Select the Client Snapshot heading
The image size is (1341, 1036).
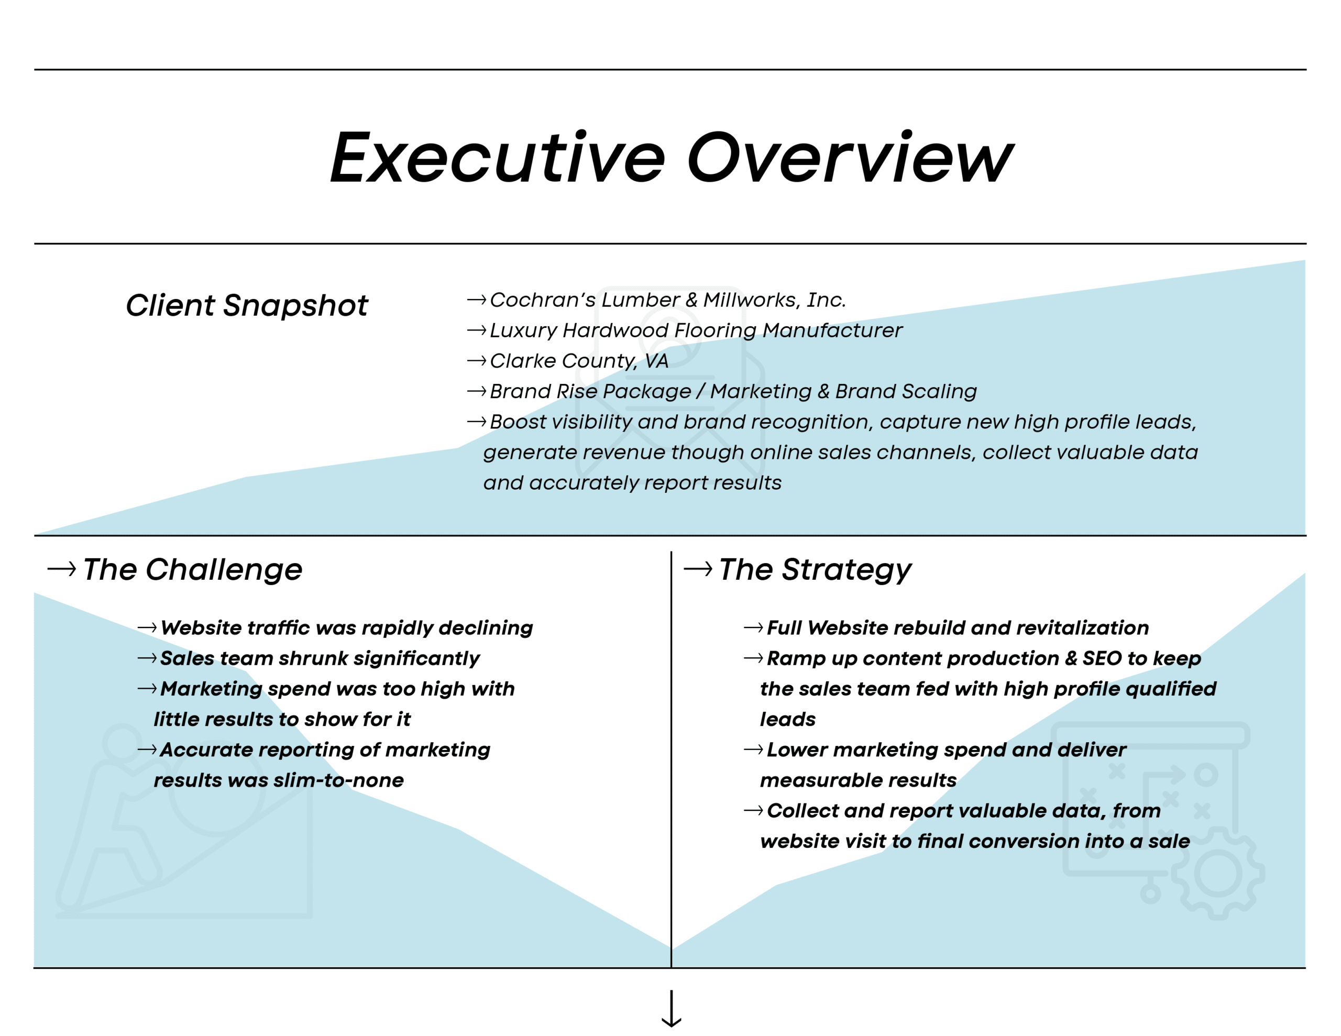(247, 305)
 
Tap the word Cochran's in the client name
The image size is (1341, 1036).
(543, 300)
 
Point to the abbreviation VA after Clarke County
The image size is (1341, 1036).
(656, 360)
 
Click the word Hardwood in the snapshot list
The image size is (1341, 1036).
(615, 330)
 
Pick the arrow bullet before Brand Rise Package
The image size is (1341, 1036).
(477, 391)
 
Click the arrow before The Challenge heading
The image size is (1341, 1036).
(62, 569)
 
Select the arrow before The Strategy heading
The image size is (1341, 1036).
(698, 569)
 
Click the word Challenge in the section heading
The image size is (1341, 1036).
(224, 570)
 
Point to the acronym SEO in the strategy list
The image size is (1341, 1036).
(1102, 658)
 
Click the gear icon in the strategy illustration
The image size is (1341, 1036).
(1218, 873)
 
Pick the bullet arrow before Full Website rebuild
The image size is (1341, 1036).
(753, 627)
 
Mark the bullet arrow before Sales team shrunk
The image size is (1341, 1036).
(147, 658)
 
